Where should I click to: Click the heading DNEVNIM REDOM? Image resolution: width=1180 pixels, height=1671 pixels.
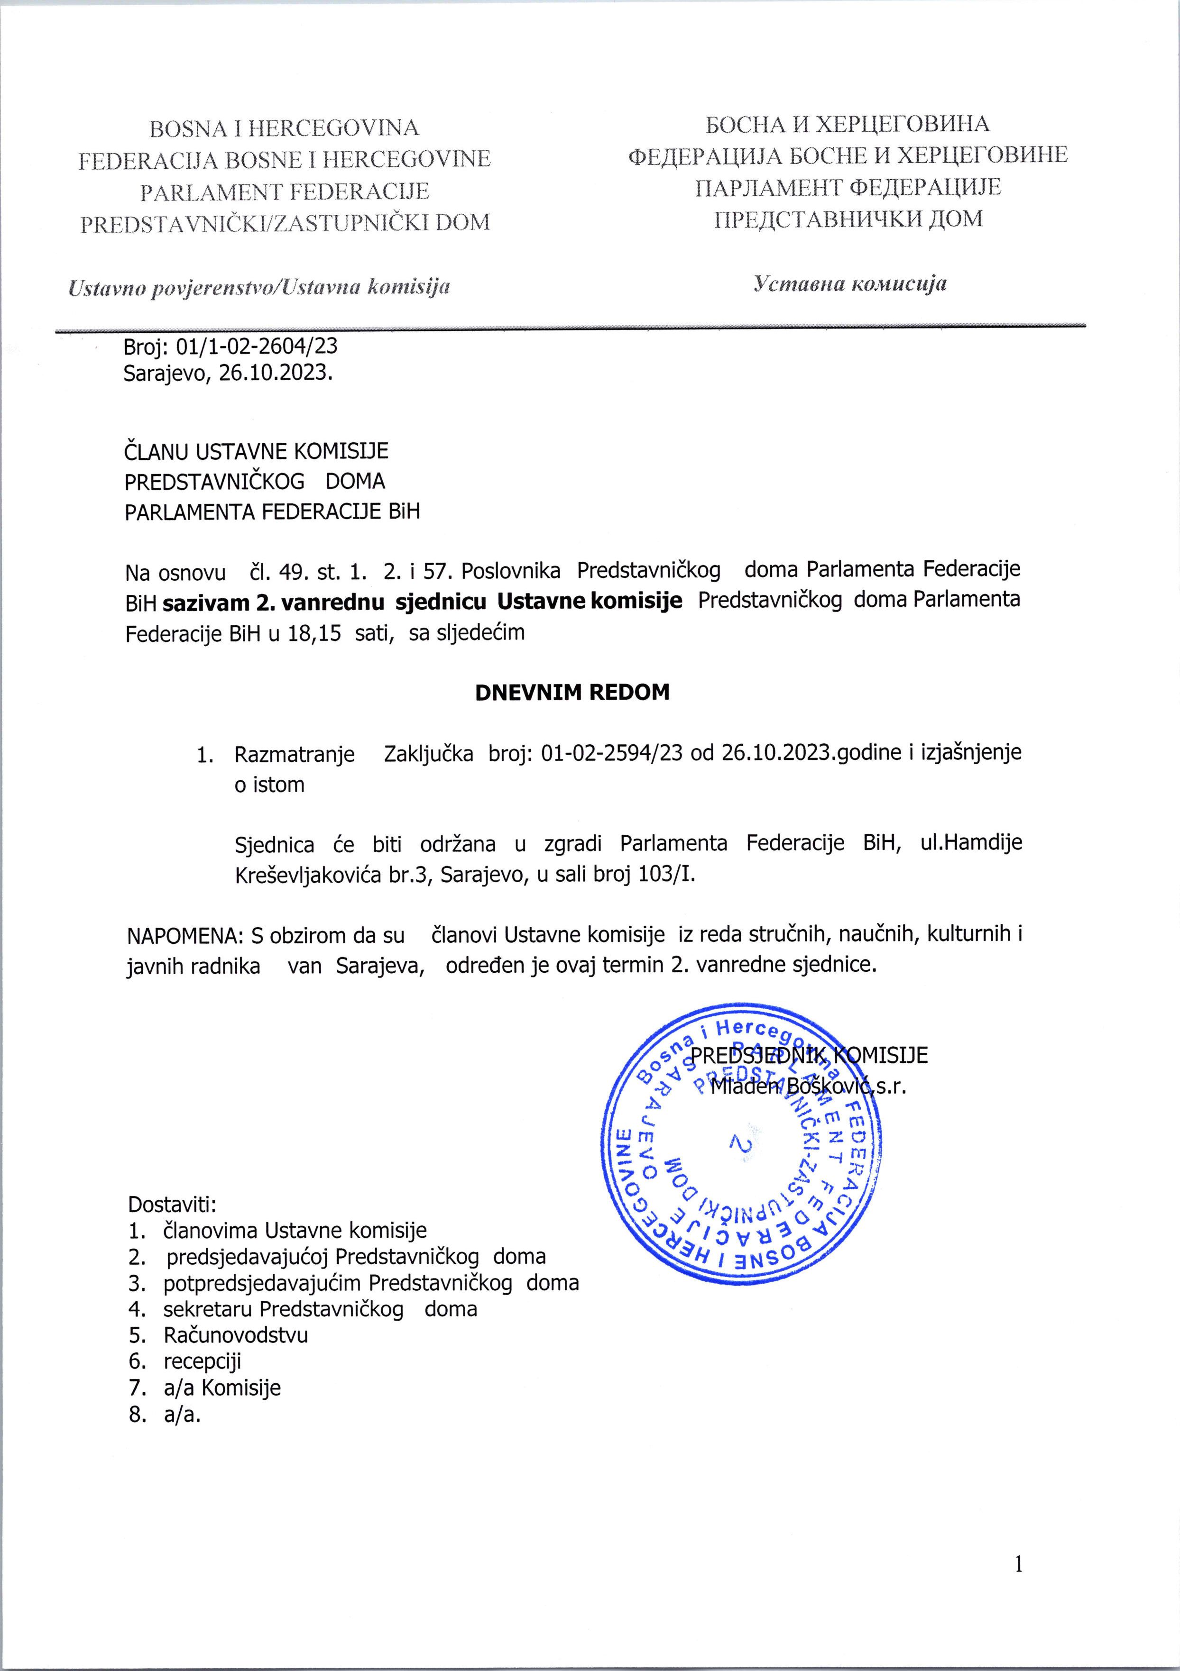(572, 692)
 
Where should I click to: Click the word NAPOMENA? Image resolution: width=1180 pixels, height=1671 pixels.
(185, 934)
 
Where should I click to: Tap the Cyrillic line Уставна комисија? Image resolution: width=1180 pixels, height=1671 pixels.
(849, 284)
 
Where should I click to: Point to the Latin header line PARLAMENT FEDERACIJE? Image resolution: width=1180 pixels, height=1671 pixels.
(284, 192)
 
